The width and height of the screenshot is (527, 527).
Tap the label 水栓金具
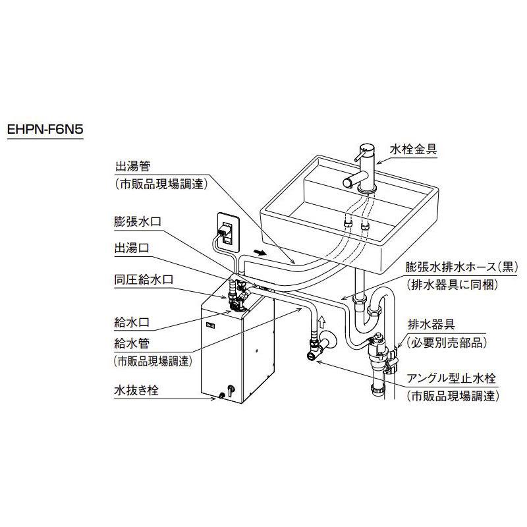(x=413, y=150)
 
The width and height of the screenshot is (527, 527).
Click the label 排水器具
(x=431, y=325)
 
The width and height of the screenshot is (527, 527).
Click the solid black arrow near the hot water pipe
(x=262, y=252)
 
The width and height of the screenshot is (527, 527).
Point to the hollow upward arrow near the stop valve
(x=322, y=321)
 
